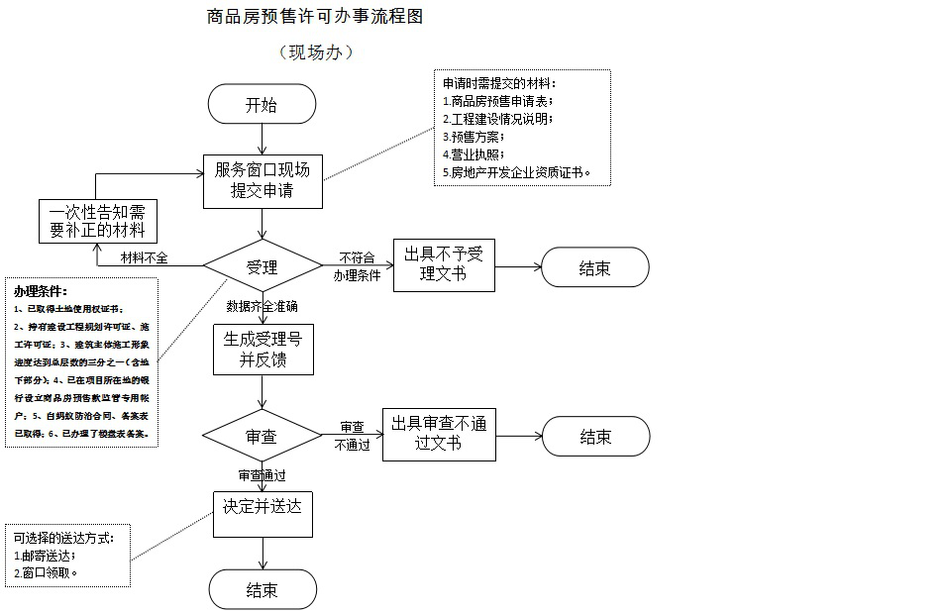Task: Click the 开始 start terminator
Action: [262, 104]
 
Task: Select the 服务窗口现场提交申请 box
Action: [263, 180]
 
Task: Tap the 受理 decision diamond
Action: [263, 266]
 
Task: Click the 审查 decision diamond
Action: [262, 436]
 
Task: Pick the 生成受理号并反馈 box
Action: [263, 349]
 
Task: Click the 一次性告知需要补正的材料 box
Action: [97, 221]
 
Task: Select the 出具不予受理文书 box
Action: [443, 264]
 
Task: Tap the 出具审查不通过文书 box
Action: [439, 434]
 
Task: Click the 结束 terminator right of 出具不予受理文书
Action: [594, 267]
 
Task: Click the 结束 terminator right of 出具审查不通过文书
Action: [594, 437]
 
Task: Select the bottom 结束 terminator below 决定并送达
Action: [263, 590]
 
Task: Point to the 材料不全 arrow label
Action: [145, 257]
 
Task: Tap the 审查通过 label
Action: [262, 475]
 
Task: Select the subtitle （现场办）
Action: [315, 52]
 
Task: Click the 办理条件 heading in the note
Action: [41, 291]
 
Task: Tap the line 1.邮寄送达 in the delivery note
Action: [46, 555]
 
